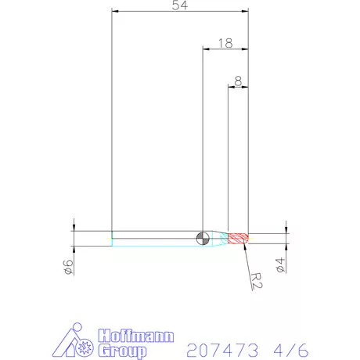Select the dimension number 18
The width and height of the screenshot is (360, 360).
pos(226,44)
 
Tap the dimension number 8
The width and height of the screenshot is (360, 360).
pos(237,80)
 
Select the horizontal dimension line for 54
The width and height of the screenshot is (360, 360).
pos(180,13)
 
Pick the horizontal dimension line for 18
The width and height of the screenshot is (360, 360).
pos(225,50)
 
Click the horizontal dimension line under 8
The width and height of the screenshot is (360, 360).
pos(238,86)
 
